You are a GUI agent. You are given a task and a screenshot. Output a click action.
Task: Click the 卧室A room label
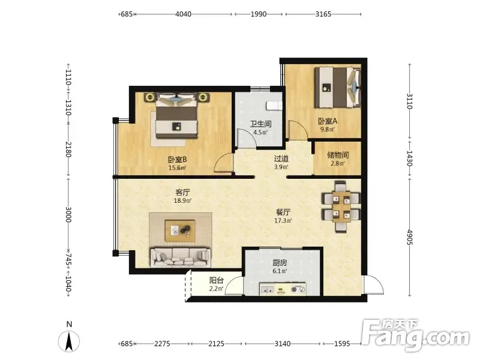click(x=328, y=121)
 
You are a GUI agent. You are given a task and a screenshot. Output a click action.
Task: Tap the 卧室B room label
click(x=177, y=160)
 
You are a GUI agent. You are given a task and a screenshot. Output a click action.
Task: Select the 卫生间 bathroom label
click(x=260, y=124)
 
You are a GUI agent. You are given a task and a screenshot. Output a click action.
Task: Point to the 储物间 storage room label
click(x=338, y=155)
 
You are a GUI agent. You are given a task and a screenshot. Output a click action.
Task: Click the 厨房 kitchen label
click(x=280, y=263)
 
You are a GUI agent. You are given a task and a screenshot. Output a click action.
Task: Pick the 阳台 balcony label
click(x=217, y=280)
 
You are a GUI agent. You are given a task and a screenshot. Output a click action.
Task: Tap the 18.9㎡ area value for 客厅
click(x=182, y=201)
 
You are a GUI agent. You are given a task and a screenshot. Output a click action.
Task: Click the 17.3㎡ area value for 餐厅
click(x=283, y=220)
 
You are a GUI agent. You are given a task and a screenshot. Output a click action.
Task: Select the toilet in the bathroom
click(x=274, y=106)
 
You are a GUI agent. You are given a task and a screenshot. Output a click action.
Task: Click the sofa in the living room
click(x=181, y=258)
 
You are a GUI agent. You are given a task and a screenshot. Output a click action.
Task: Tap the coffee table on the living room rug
click(x=180, y=230)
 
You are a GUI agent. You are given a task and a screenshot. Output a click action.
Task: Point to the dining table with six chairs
click(x=341, y=206)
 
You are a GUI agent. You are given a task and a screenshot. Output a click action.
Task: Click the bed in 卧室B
click(x=176, y=116)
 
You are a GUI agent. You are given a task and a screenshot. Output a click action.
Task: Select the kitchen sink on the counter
click(x=267, y=289)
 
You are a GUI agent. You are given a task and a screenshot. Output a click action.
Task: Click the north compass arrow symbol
click(x=69, y=341)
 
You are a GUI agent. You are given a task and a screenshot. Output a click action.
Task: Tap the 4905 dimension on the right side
click(x=410, y=237)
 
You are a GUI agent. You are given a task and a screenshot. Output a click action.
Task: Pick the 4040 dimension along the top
click(x=183, y=14)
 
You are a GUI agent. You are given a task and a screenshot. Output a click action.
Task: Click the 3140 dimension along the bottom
click(x=282, y=344)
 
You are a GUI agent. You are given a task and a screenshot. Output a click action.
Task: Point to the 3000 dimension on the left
click(x=68, y=214)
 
